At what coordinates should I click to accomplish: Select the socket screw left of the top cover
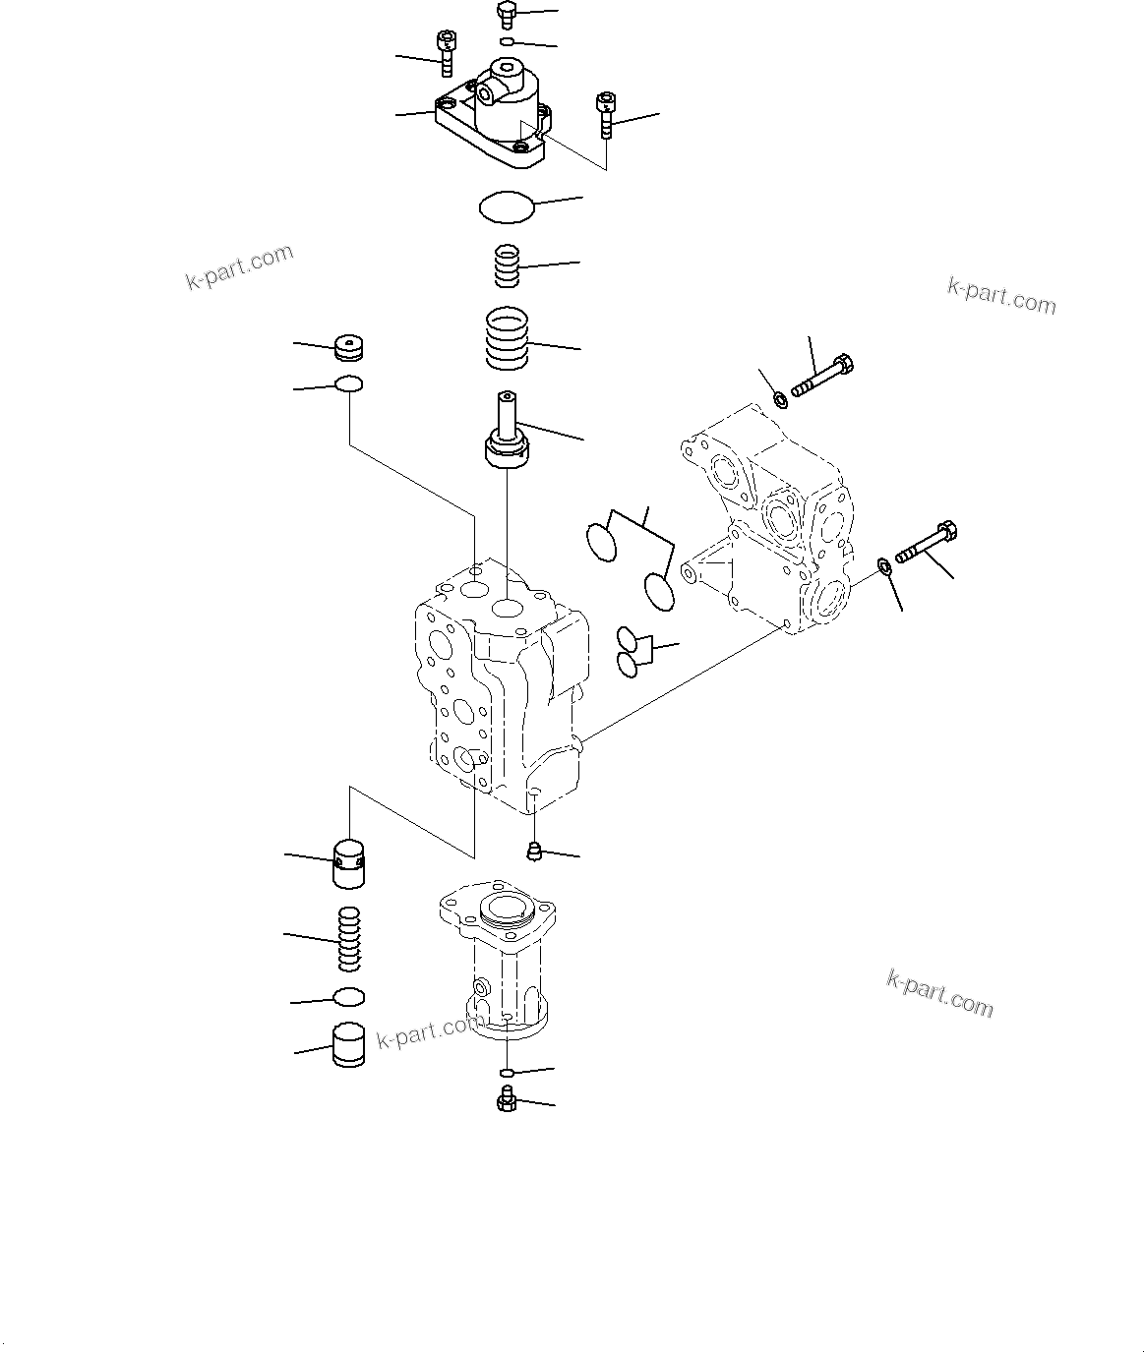coord(445,51)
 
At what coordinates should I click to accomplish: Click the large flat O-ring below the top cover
coord(507,207)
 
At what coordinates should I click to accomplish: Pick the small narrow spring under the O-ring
coord(506,266)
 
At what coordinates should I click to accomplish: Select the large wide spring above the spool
coord(508,339)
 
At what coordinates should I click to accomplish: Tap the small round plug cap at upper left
coord(349,348)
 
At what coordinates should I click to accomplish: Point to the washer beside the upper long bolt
coord(781,398)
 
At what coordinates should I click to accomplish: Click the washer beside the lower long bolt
coord(883,565)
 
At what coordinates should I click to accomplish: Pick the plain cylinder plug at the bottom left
coord(347,1046)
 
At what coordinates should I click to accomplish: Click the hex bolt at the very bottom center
coord(507,1101)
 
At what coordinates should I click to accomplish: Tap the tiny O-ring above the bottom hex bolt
coord(507,1071)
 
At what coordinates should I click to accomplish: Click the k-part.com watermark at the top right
coord(1000,294)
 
